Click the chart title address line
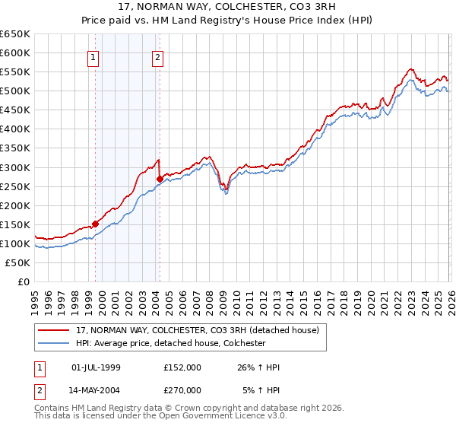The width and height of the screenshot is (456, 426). (x=228, y=8)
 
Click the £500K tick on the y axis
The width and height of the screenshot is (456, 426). (x=15, y=91)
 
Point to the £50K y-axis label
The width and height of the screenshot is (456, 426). (x=18, y=262)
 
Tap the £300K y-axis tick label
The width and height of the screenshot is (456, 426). (x=15, y=167)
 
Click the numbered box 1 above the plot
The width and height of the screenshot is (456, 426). (x=93, y=56)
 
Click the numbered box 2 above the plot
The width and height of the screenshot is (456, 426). (x=157, y=56)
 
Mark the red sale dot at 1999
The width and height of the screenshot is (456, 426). (x=95, y=224)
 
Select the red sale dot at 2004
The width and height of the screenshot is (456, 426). (x=160, y=179)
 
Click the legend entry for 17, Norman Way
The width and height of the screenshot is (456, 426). (x=201, y=329)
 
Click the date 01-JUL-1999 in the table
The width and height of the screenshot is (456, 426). (x=96, y=367)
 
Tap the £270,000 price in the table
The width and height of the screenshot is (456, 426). (x=182, y=390)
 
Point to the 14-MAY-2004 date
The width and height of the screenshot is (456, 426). (x=96, y=390)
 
